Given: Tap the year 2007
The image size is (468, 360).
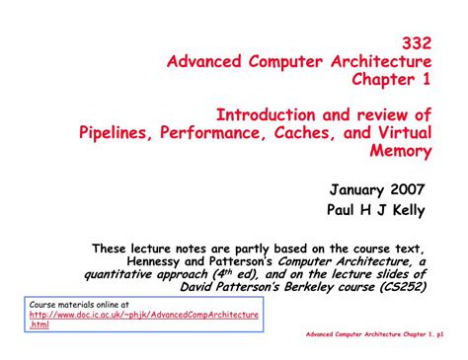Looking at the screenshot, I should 413,188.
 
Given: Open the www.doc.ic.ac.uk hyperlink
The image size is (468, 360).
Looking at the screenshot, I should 144,314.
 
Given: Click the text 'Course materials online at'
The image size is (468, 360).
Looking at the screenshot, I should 78,304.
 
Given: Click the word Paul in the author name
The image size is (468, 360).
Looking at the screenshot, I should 344,209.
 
